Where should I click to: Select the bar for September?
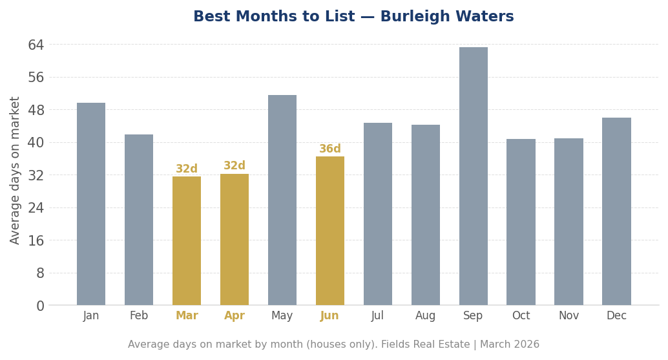pos(473,176)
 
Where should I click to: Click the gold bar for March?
pos(187,240)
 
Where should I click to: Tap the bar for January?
pos(91,204)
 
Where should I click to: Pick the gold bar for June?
pos(330,231)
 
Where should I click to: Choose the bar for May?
pos(282,200)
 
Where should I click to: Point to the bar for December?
pos(616,211)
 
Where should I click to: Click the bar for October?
pos(521,222)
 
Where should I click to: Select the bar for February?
pos(139,220)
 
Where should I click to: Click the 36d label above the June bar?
pos(330,149)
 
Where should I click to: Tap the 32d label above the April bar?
pos(235,166)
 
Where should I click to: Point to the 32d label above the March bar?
pos(187,169)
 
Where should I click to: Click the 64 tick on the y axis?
pos(36,45)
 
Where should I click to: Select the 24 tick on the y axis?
pos(36,207)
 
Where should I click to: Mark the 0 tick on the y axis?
pos(40,306)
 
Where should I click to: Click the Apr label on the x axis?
pos(235,316)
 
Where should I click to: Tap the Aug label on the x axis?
pos(425,316)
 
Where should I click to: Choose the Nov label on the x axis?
pos(569,316)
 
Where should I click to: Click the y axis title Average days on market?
pos(16,170)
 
